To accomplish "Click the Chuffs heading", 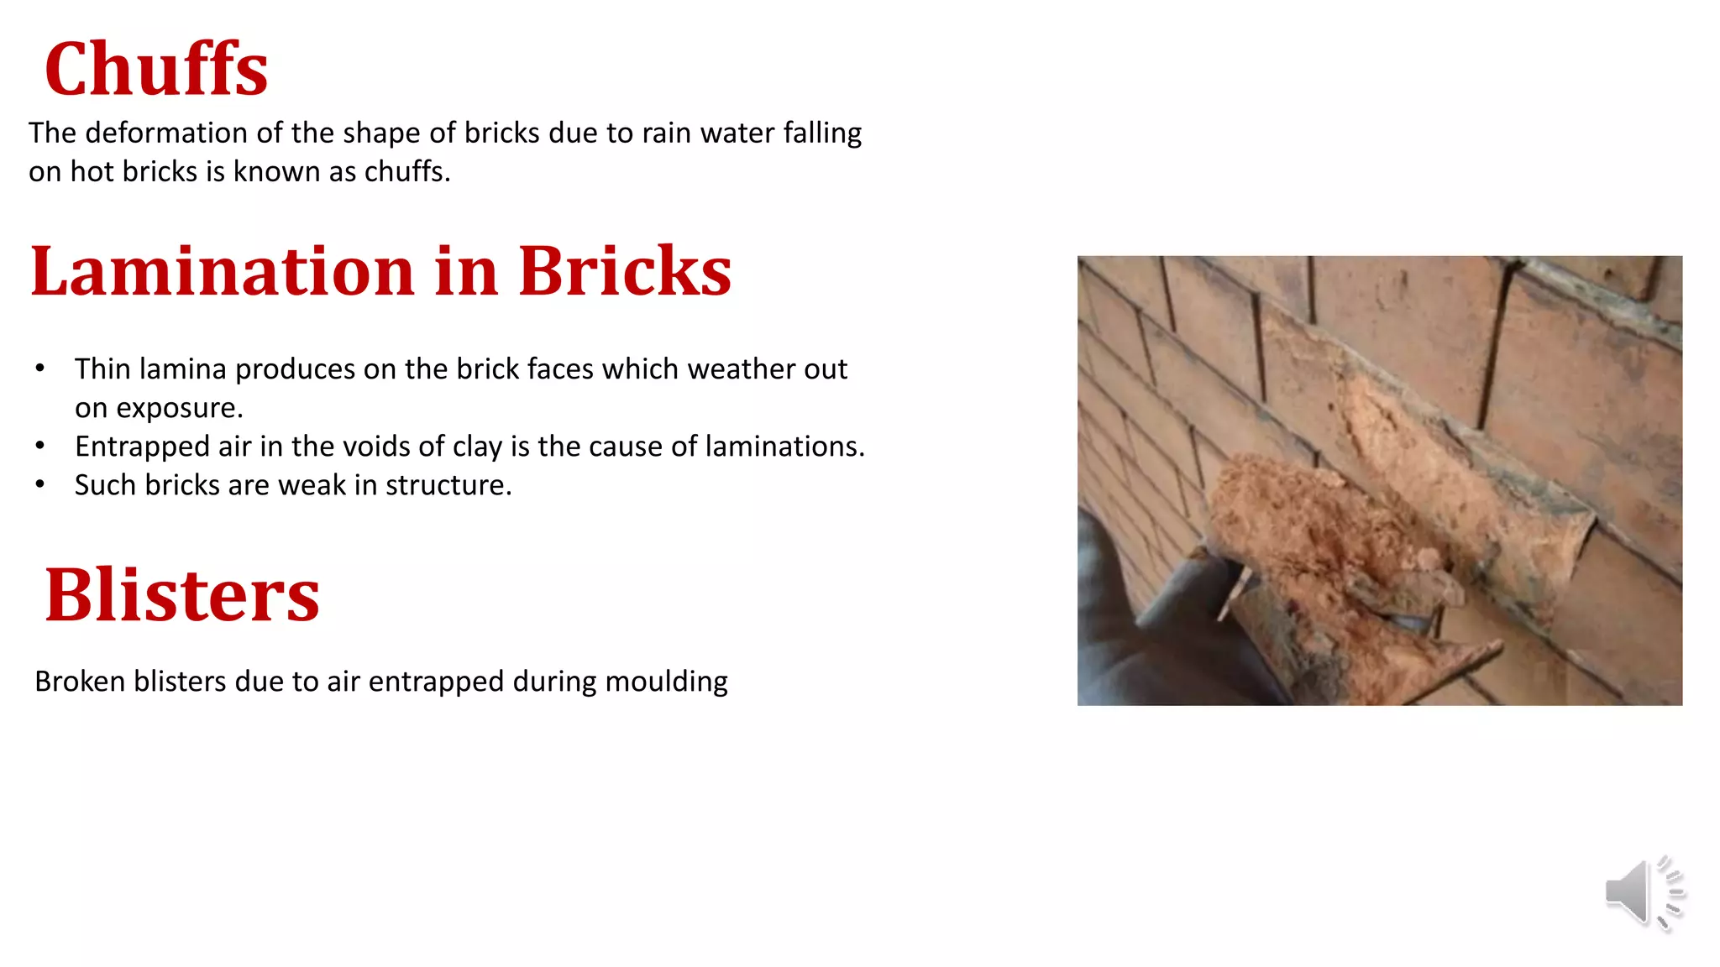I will click(x=156, y=70).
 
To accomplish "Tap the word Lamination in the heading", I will click(x=223, y=271).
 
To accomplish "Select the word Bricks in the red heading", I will click(x=625, y=271).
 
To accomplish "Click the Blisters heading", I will click(x=182, y=595).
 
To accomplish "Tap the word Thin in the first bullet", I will click(x=102, y=369).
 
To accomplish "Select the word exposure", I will click(x=179, y=408).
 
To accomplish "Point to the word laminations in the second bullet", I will click(x=784, y=447).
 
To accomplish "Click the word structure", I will click(x=448, y=485).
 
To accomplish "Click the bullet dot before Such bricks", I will click(x=40, y=485).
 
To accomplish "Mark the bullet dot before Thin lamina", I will click(x=40, y=369).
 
